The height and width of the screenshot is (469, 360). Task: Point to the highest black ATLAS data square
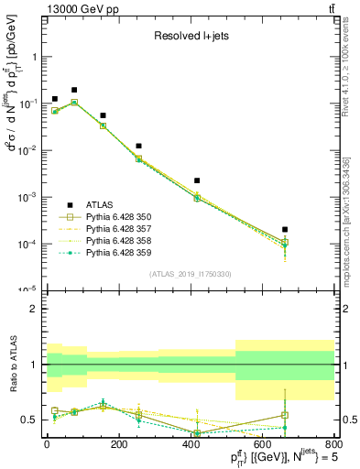(x=74, y=90)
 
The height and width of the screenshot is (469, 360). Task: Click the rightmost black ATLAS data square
(x=285, y=229)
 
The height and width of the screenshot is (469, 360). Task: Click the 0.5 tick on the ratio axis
(x=28, y=420)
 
